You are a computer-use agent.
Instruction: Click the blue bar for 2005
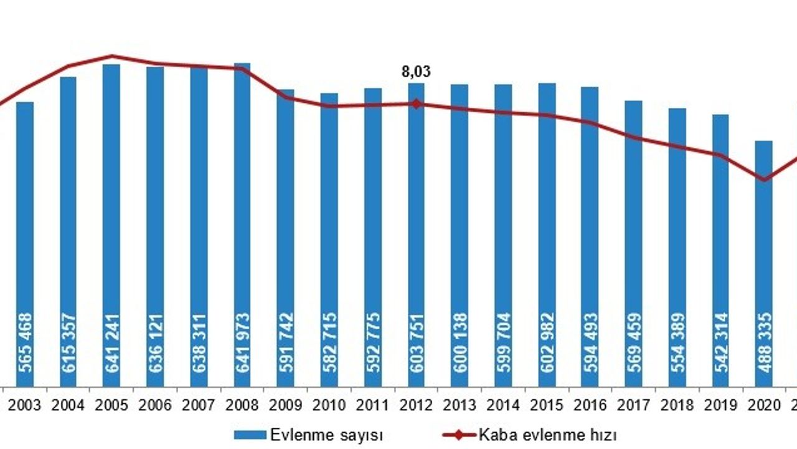click(111, 224)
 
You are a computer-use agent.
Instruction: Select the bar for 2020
click(764, 262)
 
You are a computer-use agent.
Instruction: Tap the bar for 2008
click(242, 224)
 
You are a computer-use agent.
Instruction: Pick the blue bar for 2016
click(590, 237)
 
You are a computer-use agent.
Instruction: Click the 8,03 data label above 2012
click(417, 72)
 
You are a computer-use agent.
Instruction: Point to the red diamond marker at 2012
click(417, 104)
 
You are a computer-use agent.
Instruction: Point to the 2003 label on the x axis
click(25, 405)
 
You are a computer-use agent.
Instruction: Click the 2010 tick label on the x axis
click(329, 405)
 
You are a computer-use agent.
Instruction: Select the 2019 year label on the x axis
click(720, 405)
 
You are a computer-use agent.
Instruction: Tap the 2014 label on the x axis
click(503, 405)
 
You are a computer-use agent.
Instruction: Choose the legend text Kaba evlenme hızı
click(548, 435)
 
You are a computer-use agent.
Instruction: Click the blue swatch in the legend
click(250, 435)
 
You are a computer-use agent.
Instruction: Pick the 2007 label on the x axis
click(199, 405)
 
